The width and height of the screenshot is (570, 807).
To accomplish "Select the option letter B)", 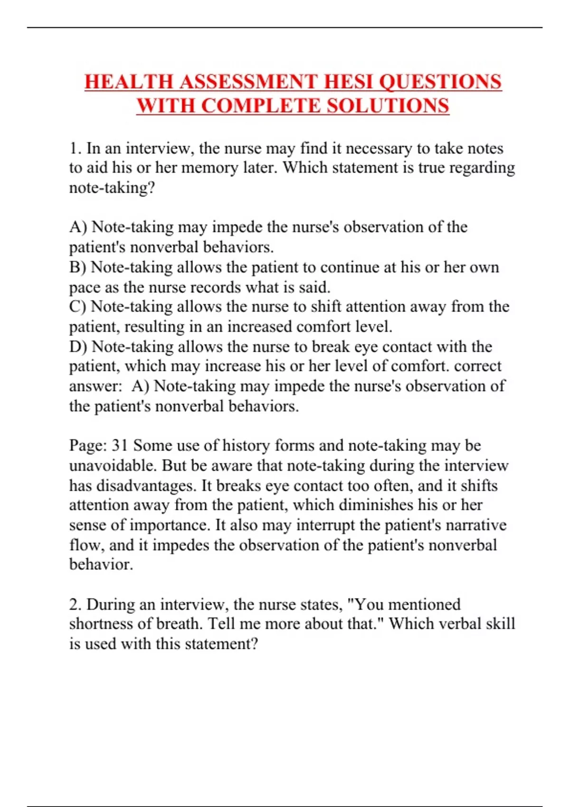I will tap(78, 267).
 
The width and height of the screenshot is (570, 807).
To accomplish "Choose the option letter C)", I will tap(78, 307).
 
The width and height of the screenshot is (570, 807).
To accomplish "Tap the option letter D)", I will tap(78, 347).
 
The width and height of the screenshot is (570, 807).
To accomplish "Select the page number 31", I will tap(120, 446).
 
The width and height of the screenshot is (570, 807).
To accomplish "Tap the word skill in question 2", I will tap(500, 624).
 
